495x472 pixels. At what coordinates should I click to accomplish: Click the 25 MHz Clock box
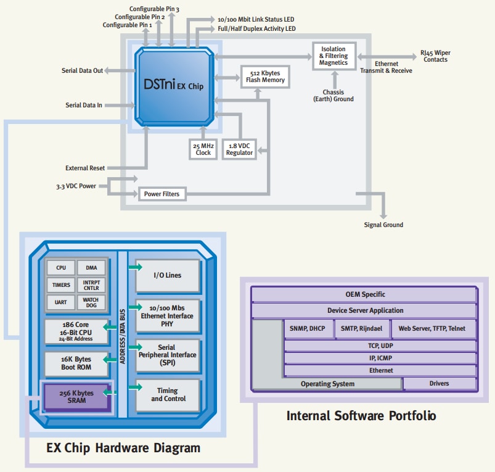pyautogui.click(x=203, y=148)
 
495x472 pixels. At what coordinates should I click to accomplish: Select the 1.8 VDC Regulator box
pyautogui.click(x=239, y=148)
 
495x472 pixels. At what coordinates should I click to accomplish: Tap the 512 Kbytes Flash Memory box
pyautogui.click(x=265, y=76)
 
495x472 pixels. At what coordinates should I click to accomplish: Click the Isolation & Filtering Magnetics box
pyautogui.click(x=333, y=55)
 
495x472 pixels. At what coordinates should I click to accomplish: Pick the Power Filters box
pyautogui.click(x=162, y=194)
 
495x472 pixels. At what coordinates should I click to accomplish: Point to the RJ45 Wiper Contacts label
pyautogui.click(x=435, y=56)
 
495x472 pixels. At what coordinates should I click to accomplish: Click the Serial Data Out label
pyautogui.click(x=82, y=71)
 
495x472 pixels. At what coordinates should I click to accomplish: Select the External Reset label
pyautogui.click(x=85, y=168)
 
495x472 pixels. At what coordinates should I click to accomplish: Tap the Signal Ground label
pyautogui.click(x=383, y=225)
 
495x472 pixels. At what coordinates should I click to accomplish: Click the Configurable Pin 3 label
pyautogui.click(x=154, y=9)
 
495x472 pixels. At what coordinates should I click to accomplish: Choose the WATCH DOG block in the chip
pyautogui.click(x=91, y=302)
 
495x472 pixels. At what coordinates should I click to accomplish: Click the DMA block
pyautogui.click(x=91, y=268)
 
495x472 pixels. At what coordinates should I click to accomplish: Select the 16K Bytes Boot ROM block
pyautogui.click(x=77, y=363)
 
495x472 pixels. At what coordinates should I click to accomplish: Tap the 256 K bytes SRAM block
pyautogui.click(x=77, y=396)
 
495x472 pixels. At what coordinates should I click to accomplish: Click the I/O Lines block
pyautogui.click(x=168, y=275)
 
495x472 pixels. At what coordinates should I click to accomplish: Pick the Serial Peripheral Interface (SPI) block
pyautogui.click(x=168, y=355)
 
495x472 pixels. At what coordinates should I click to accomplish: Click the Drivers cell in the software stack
pyautogui.click(x=439, y=384)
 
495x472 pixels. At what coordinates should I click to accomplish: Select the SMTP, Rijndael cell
pyautogui.click(x=362, y=329)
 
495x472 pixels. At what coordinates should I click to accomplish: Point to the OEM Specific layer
pyautogui.click(x=365, y=294)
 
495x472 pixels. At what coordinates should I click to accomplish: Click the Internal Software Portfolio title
pyautogui.click(x=361, y=416)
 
